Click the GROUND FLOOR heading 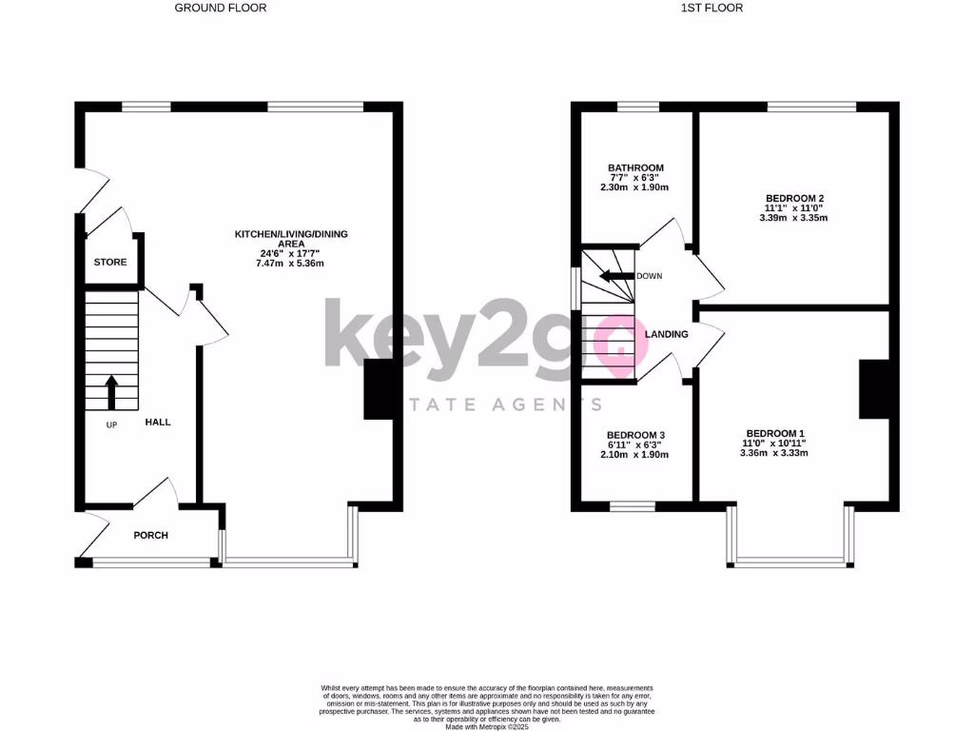pos(221,8)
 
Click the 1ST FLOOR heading pos(711,8)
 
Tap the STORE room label pos(109,262)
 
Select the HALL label pos(158,422)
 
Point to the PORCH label pos(150,535)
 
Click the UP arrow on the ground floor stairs pos(111,391)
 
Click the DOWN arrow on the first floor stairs pos(615,277)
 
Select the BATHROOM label pos(635,168)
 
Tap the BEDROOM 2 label pos(795,197)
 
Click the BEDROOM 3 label pos(635,434)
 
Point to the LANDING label pos(666,335)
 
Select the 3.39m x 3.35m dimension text pos(795,218)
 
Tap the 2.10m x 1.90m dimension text pos(635,455)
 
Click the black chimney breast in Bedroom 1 pos(873,389)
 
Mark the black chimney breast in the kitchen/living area pos(378,390)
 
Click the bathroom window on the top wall pos(632,107)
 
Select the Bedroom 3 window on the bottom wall pos(632,506)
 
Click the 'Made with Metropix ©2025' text pos(487,726)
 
